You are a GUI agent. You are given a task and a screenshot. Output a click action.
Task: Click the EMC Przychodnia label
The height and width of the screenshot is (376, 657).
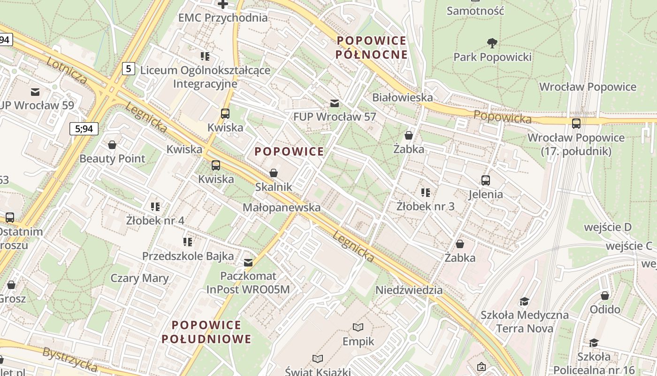(x=223, y=18)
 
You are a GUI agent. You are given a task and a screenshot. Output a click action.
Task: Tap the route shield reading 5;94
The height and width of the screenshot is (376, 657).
(x=84, y=128)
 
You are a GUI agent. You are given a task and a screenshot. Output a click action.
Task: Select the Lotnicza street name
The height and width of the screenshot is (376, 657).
(x=67, y=70)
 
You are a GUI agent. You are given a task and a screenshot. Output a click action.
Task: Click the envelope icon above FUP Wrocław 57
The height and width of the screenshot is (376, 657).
(x=334, y=103)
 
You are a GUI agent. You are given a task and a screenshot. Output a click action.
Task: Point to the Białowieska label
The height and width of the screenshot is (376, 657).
(x=402, y=97)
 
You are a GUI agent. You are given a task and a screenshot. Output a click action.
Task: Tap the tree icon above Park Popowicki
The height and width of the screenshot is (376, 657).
(x=492, y=43)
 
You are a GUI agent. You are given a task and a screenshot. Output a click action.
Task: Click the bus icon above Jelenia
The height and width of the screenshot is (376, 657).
(x=486, y=180)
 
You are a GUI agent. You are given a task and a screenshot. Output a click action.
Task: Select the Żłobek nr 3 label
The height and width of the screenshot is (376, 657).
(x=425, y=206)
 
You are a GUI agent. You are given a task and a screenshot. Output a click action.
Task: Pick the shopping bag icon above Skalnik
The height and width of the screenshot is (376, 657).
(x=274, y=173)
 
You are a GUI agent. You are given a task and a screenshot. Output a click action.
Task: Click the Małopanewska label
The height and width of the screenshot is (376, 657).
(x=282, y=207)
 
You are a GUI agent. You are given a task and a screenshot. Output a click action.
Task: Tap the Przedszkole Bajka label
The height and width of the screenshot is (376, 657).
(x=188, y=256)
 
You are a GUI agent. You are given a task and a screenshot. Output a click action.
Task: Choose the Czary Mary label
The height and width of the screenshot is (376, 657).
(x=139, y=278)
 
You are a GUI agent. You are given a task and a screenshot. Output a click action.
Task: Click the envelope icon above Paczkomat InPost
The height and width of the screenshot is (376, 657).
(x=248, y=262)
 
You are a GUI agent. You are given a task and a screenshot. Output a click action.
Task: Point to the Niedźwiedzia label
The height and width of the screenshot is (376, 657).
(x=409, y=290)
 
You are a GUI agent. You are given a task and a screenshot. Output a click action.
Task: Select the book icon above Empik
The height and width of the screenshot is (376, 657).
(x=358, y=327)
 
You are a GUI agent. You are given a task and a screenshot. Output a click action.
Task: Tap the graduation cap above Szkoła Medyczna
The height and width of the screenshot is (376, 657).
(x=524, y=301)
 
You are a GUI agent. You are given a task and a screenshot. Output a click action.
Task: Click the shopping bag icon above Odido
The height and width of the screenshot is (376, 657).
(x=605, y=295)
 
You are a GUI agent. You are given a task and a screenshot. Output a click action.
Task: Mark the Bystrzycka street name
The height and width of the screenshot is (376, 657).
(x=70, y=359)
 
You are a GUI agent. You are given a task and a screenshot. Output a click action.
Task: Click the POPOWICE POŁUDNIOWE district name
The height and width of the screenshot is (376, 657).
(x=206, y=332)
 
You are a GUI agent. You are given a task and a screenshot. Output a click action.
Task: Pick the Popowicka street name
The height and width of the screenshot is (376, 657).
(x=502, y=117)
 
